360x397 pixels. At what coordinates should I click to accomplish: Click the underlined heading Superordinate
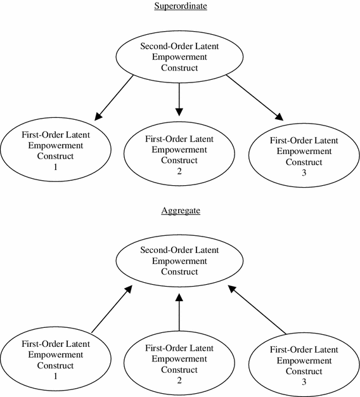pos(179,6)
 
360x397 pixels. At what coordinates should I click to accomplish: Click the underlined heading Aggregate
pos(179,210)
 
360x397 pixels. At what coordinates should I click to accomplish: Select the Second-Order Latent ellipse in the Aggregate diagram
pos(179,261)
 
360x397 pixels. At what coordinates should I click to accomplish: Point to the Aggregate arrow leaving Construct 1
pos(112,309)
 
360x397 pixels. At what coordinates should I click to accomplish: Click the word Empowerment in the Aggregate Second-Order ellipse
pos(179,261)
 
